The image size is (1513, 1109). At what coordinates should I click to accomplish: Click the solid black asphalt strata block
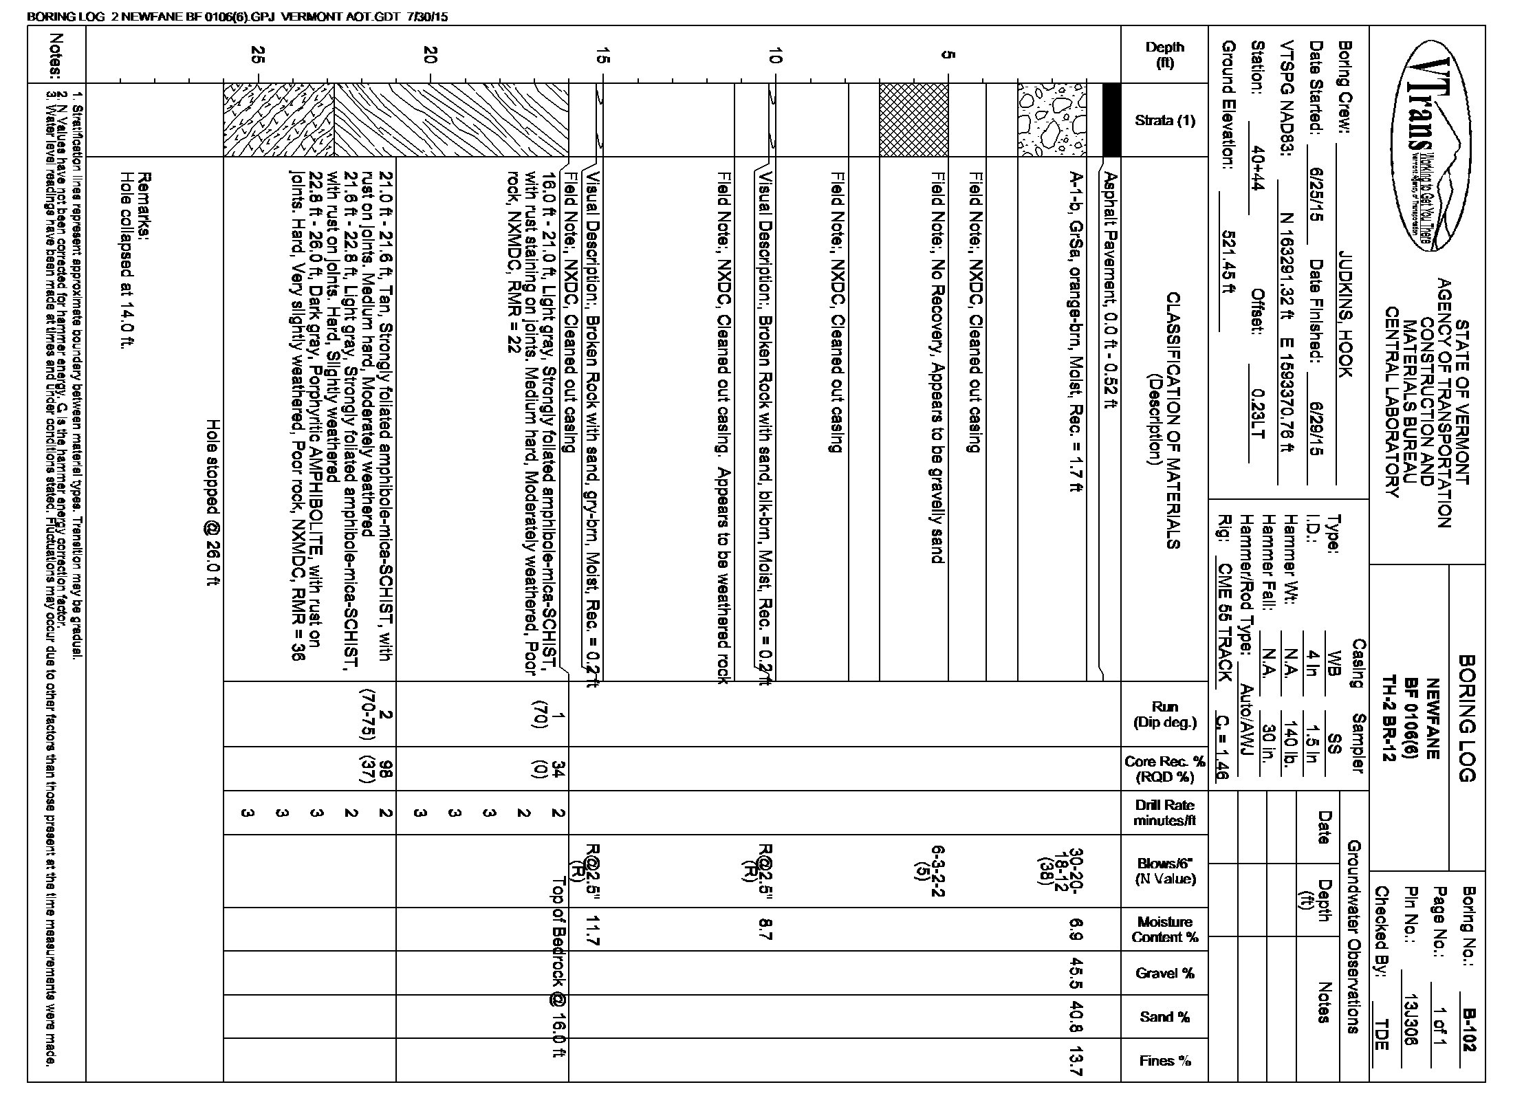pos(1111,120)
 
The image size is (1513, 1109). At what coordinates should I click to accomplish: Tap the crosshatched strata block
pos(914,120)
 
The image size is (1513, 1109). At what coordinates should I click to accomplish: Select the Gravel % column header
pos(1164,973)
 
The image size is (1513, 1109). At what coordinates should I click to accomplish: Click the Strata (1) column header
pos(1164,121)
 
